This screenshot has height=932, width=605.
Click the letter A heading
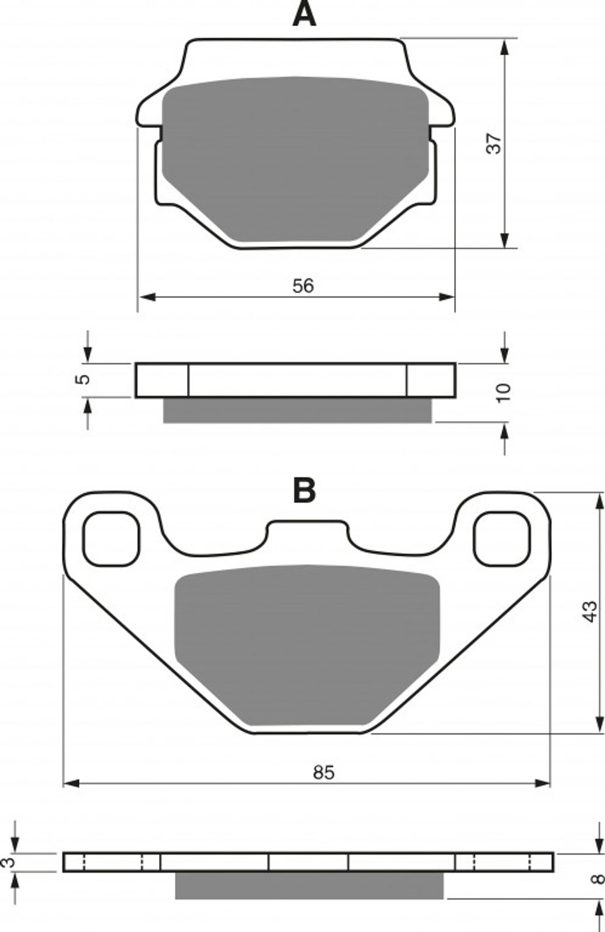click(x=304, y=15)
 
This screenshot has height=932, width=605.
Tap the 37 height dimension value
click(x=494, y=143)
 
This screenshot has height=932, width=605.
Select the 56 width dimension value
click(x=302, y=286)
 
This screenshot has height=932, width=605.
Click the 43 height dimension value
click(x=590, y=611)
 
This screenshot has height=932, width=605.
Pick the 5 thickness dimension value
click(x=84, y=379)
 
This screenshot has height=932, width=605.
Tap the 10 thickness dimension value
click(x=503, y=393)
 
